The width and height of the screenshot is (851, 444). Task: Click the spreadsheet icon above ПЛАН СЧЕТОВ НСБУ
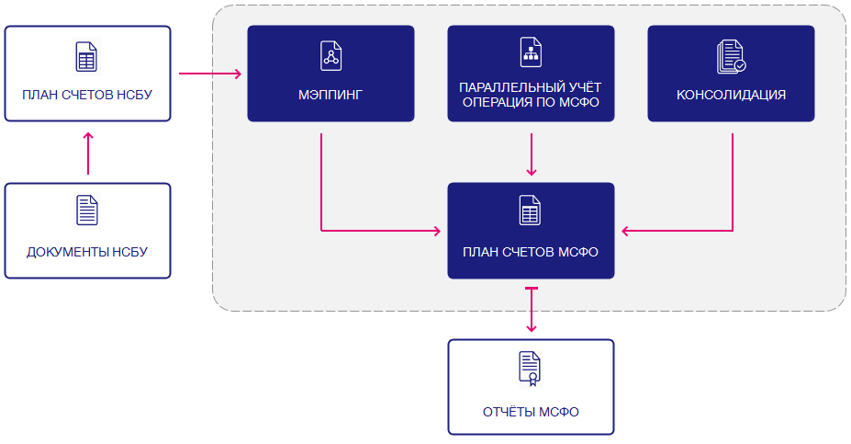tap(86, 56)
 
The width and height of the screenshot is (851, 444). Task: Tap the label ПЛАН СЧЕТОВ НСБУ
tap(87, 95)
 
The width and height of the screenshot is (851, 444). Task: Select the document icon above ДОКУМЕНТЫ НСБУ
tap(87, 211)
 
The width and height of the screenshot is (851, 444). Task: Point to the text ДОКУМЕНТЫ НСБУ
tap(87, 252)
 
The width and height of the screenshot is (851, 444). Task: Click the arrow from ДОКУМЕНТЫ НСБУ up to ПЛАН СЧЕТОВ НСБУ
tap(88, 154)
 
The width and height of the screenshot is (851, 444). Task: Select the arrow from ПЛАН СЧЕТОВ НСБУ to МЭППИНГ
tap(210, 74)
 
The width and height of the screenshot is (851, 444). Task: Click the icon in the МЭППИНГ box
tap(331, 56)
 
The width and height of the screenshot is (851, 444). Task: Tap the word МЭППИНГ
tap(330, 95)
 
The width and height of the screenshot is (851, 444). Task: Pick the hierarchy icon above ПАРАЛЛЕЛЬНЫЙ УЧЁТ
tap(531, 52)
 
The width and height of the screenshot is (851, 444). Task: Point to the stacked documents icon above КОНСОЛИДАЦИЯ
tap(731, 56)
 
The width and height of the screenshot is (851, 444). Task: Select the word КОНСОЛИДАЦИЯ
tap(731, 95)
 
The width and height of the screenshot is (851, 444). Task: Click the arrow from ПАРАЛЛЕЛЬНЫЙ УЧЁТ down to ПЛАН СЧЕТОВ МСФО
tap(532, 154)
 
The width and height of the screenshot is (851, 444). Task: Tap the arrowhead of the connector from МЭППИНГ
tap(437, 231)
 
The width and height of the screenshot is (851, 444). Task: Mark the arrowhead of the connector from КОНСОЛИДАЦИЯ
tap(625, 231)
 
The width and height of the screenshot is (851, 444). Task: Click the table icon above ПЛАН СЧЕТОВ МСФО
tap(531, 211)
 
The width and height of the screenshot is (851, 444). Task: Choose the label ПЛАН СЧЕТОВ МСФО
tap(531, 252)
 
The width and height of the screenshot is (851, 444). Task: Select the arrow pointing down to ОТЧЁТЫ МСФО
tap(532, 309)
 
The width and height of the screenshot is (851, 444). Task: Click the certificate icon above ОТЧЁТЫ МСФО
tap(531, 370)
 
